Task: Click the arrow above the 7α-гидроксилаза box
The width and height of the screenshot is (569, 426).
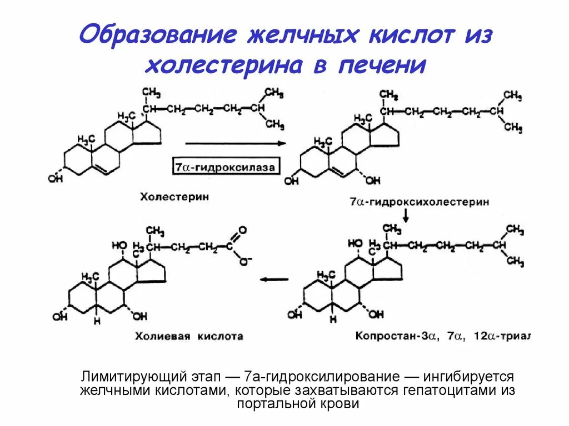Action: pos(235,143)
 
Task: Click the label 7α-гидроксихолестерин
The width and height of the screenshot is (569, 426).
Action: pos(420,202)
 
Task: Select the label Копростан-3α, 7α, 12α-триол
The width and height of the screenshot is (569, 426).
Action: pos(443,336)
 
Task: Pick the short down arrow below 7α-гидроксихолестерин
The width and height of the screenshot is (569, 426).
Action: pos(407,217)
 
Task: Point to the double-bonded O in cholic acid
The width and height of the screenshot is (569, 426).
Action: pos(242,229)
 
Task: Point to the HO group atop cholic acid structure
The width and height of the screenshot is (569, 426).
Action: pos(119,244)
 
